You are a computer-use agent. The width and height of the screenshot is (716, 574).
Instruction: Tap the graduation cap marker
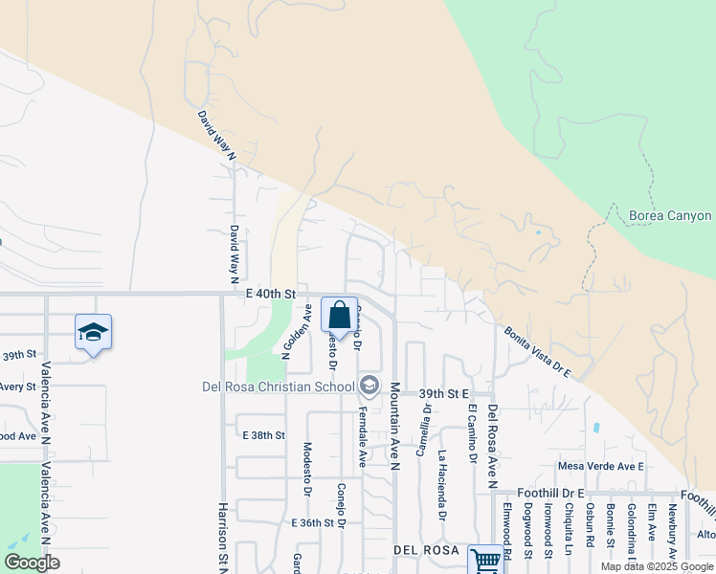point(93,332)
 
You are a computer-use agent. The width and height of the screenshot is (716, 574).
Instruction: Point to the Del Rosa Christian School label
point(279,386)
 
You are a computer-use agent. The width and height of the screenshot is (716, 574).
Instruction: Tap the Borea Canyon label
point(670,215)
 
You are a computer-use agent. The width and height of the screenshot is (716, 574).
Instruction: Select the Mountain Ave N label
point(393,426)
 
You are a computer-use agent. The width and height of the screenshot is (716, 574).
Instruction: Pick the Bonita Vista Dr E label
point(536,352)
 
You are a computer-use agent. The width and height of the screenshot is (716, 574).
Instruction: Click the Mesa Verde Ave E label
point(601,466)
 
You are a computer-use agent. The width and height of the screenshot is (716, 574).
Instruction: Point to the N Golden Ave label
point(298,330)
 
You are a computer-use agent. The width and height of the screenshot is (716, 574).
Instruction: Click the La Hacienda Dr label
point(442,484)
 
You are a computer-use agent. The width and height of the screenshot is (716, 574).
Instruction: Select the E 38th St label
point(264,435)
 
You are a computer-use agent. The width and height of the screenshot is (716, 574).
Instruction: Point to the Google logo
point(32,563)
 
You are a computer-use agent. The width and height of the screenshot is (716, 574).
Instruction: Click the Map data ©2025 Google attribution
point(657,566)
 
